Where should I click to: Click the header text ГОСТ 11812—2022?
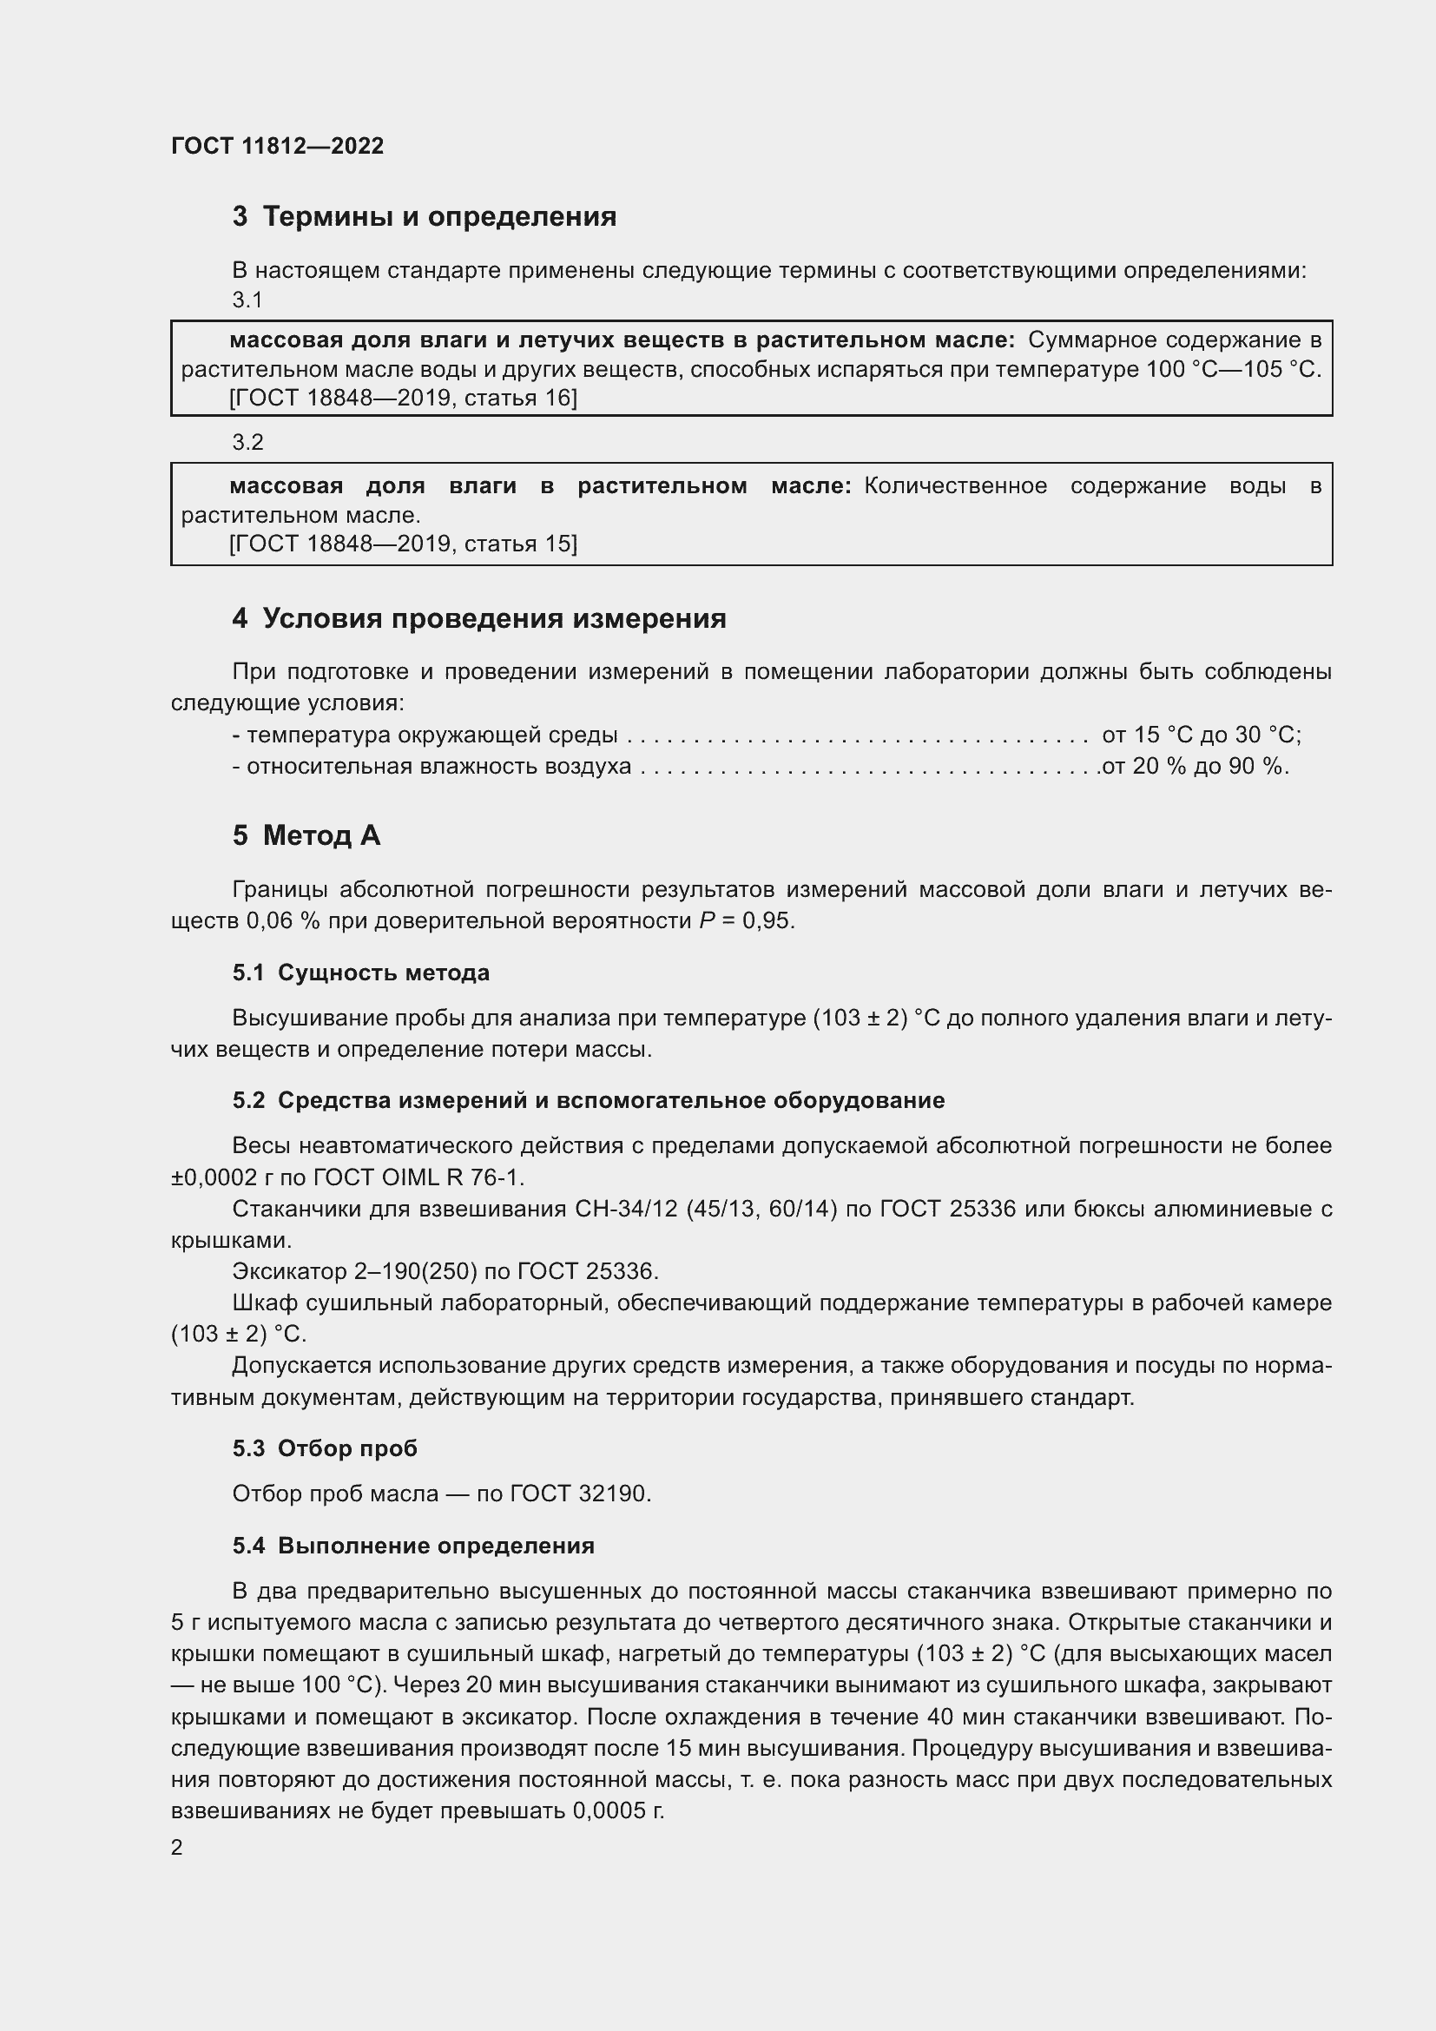tap(278, 146)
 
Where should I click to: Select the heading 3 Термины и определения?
tap(425, 217)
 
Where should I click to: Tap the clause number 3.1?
tap(247, 300)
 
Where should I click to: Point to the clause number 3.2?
tap(247, 442)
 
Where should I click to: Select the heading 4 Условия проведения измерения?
tap(479, 618)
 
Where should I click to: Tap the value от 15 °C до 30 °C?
tap(1201, 735)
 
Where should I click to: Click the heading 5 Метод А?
tap(306, 835)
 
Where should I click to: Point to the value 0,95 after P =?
tap(767, 920)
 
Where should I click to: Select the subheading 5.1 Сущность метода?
tap(361, 973)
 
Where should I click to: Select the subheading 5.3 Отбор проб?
tap(325, 1448)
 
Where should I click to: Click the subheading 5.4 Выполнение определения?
tap(413, 1546)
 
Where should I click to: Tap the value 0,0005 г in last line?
tap(618, 1810)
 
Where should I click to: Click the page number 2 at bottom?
tap(177, 1848)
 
